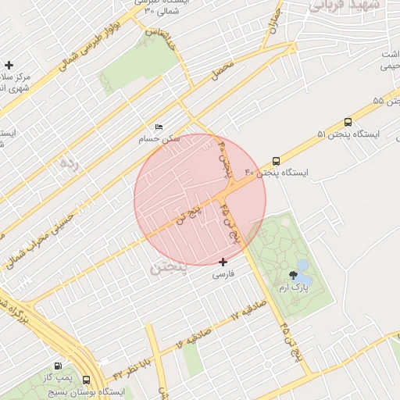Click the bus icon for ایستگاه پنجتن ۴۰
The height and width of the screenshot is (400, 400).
click(276, 160)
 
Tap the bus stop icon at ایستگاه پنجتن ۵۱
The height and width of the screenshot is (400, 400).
click(348, 122)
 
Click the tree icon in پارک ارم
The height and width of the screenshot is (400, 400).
click(292, 274)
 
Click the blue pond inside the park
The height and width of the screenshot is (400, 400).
click(303, 277)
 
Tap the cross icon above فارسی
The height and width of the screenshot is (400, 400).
click(223, 262)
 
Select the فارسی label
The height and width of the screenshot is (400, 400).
click(223, 275)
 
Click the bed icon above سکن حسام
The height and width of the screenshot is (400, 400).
click(159, 127)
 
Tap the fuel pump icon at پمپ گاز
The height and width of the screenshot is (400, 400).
click(58, 366)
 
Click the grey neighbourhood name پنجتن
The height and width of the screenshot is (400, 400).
click(168, 269)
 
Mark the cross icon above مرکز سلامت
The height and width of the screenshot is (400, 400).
click(9, 65)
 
